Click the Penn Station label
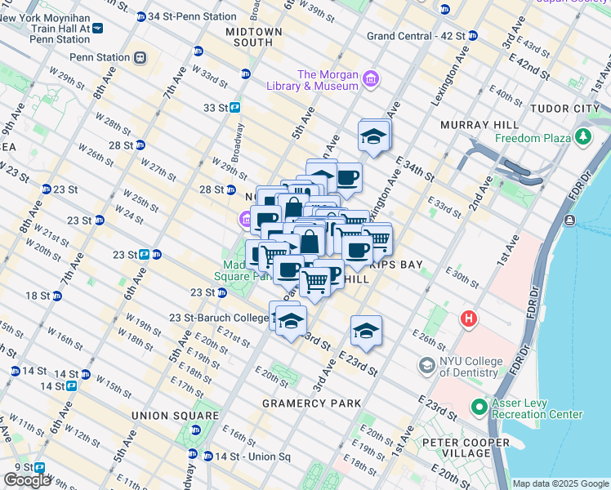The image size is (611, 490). point(100,57)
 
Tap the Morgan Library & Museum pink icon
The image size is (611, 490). point(372,79)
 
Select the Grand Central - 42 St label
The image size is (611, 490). point(415,36)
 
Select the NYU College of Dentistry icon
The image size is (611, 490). point(426,364)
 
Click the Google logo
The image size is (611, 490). point(28,480)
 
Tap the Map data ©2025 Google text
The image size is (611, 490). point(560,483)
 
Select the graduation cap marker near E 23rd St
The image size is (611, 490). point(367,331)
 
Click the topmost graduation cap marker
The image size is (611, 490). point(373,136)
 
